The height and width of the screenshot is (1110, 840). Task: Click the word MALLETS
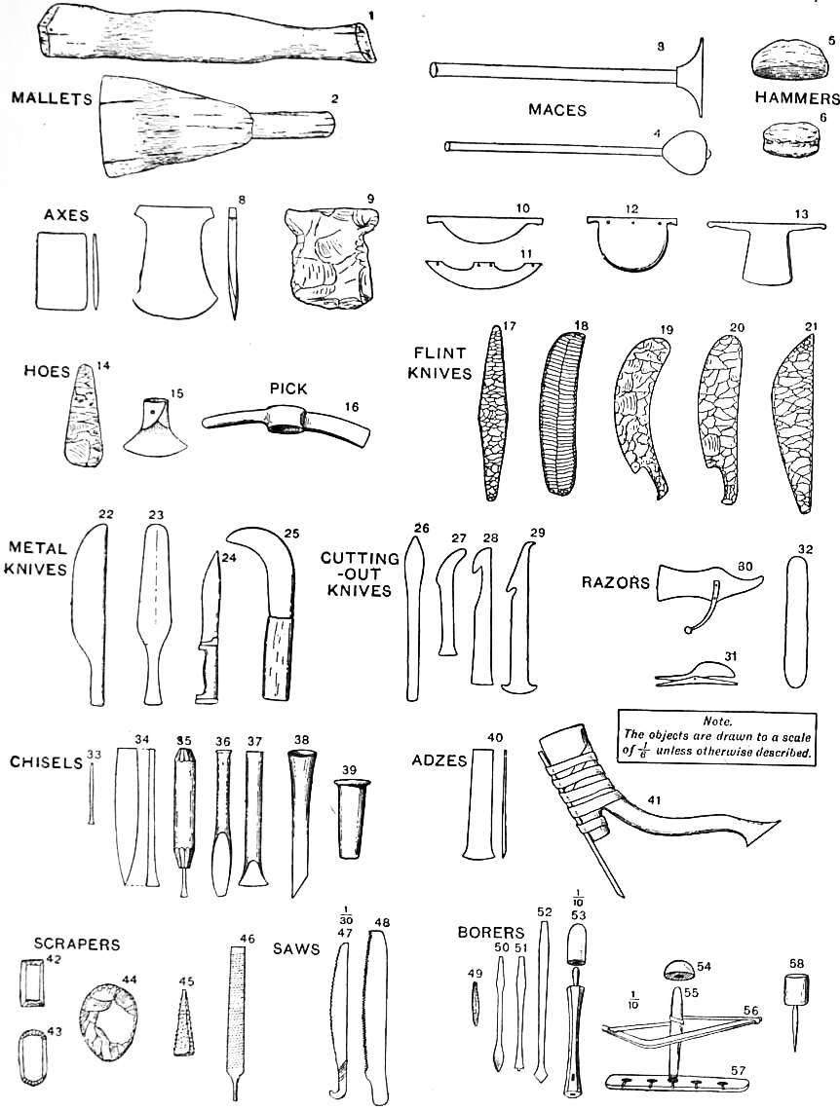pos(50,97)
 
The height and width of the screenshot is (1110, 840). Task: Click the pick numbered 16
pos(288,425)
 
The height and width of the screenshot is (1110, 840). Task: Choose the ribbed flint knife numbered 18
pos(562,414)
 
